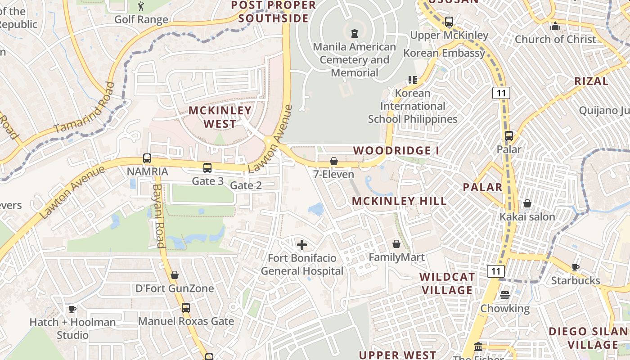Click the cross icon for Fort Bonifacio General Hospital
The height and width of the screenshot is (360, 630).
pos(302,245)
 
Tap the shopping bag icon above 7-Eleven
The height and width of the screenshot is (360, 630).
pos(334,161)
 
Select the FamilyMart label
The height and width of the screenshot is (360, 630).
pos(396,257)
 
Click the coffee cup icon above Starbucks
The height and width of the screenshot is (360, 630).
pos(576,267)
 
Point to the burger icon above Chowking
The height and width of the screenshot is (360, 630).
pos(505,295)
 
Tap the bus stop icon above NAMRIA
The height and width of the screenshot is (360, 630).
pos(147,158)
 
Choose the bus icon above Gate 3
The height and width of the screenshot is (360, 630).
pos(207,168)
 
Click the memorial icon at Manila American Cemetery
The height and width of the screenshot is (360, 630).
pos(355,33)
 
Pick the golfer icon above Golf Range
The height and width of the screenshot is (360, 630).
pos(141,6)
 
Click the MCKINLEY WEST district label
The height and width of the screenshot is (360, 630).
pos(220,117)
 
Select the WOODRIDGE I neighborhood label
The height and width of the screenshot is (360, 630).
pos(396,151)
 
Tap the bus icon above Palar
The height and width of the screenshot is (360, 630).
pos(509,136)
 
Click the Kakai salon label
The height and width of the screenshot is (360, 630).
pos(527,217)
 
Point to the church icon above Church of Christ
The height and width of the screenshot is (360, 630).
pos(555,26)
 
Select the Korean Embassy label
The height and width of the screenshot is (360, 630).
pos(444,53)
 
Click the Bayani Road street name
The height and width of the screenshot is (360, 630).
pos(158,216)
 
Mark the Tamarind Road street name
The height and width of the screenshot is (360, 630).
pos(84,108)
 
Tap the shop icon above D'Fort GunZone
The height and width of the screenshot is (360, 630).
pos(175,275)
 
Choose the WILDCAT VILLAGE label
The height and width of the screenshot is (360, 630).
pos(447,283)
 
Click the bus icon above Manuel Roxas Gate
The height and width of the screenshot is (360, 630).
pos(186,308)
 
